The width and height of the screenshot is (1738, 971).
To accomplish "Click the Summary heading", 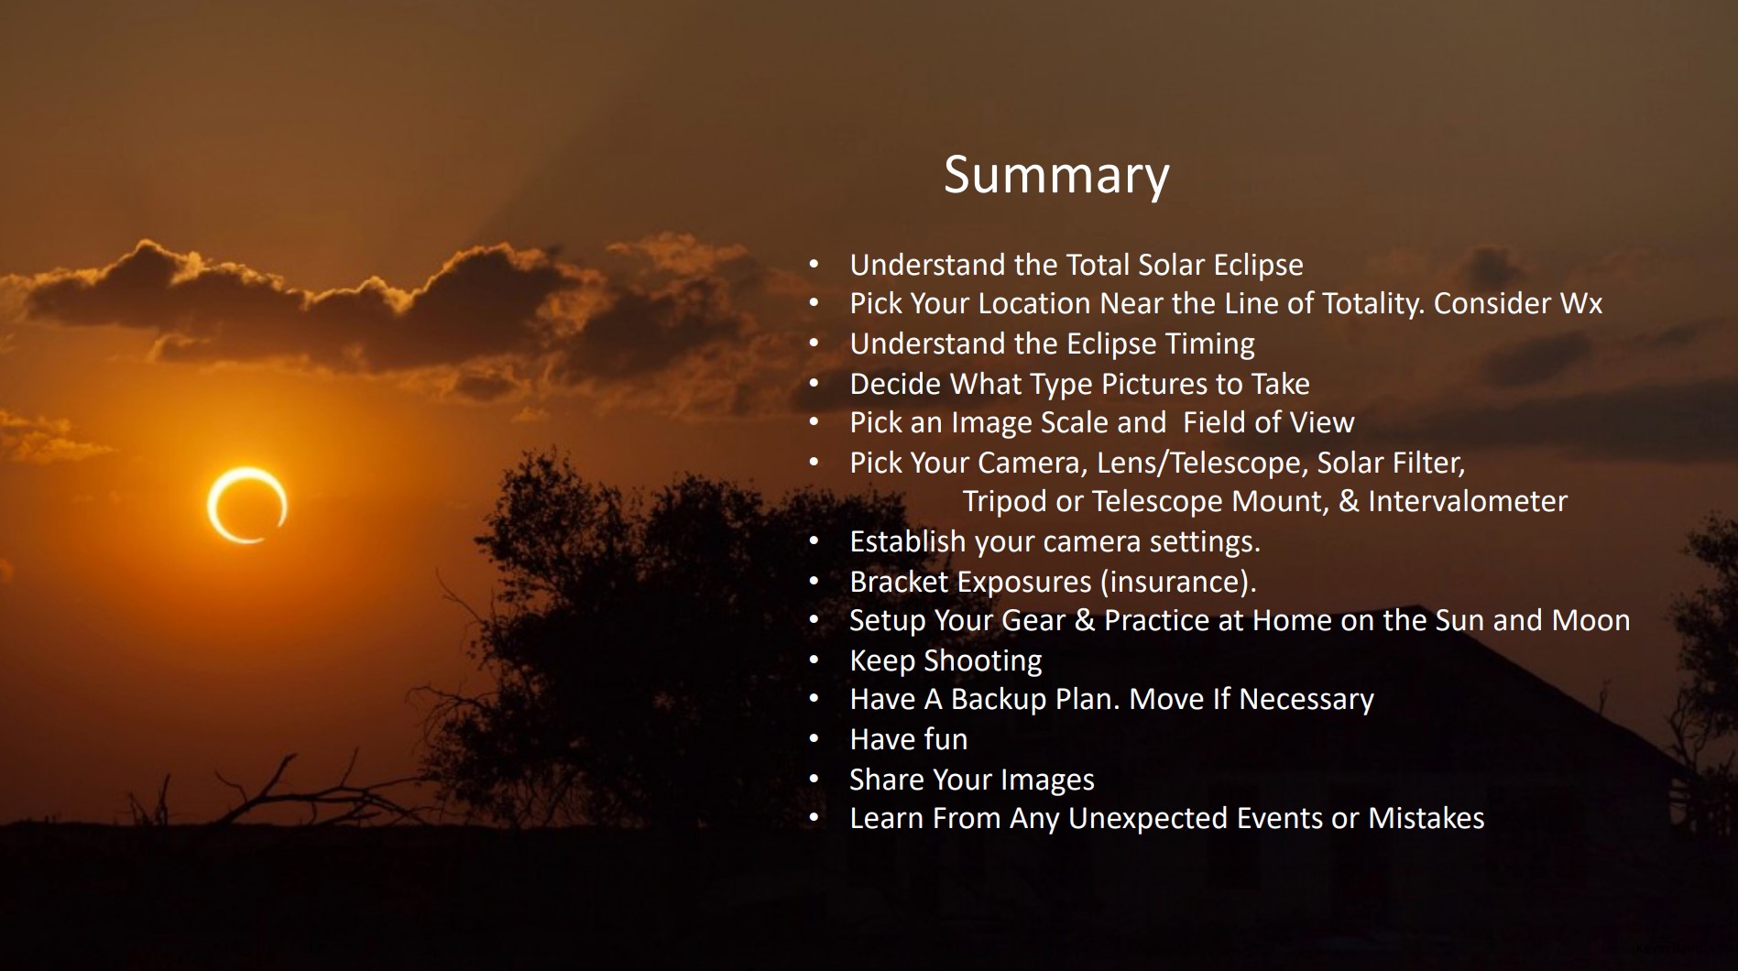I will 1056,174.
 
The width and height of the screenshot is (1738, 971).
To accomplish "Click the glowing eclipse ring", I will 246,505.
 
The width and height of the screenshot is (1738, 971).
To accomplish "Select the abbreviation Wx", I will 1581,303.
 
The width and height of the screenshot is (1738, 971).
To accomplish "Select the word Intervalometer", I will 1468,501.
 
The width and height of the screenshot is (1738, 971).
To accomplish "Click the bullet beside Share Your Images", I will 814,780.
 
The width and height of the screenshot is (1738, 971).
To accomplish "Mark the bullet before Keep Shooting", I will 814,660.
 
